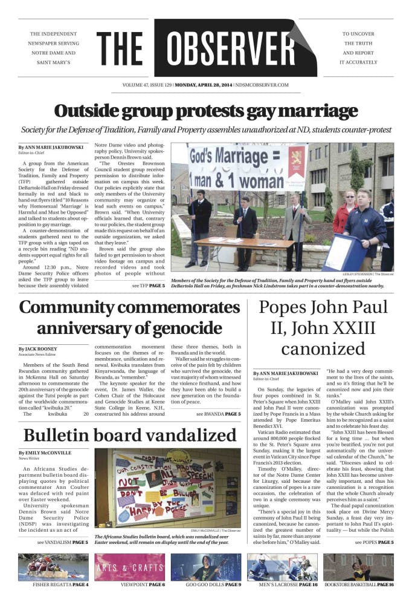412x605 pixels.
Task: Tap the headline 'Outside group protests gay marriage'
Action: [205, 111]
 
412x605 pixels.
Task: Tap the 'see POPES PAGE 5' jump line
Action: [374, 542]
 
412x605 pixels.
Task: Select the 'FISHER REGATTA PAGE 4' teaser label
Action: [53, 586]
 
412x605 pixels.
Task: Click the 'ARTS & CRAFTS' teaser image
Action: [129, 567]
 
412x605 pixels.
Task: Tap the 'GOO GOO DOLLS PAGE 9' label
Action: [205, 586]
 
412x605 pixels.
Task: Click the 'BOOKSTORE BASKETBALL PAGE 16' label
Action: [359, 586]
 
